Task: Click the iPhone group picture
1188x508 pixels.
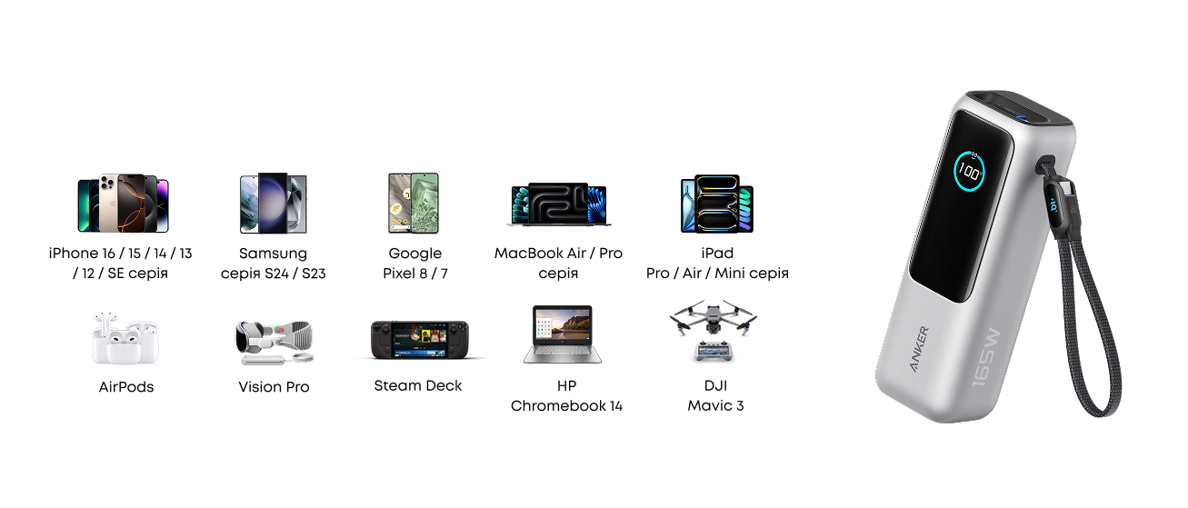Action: coord(123,203)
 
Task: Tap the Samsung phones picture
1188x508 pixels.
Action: coord(273,203)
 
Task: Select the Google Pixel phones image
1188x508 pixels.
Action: coord(414,203)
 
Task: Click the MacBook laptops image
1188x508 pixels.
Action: coord(559,204)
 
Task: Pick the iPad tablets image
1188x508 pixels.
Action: coord(717,204)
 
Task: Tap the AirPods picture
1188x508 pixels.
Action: coord(125,338)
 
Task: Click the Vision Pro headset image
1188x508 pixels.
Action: coord(275,343)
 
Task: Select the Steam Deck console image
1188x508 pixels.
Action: coord(419,340)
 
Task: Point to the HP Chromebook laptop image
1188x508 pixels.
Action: coord(563,334)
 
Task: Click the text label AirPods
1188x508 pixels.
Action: coord(126,387)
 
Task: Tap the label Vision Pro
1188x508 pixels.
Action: coord(274,387)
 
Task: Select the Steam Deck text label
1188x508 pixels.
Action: coord(418,386)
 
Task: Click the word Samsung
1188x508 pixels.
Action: coord(273,254)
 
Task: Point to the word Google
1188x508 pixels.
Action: coord(414,254)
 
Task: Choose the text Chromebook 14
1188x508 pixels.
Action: coord(566,406)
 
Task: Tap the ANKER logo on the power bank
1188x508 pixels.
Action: coord(919,349)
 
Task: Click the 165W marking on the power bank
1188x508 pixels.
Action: coord(986,357)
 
